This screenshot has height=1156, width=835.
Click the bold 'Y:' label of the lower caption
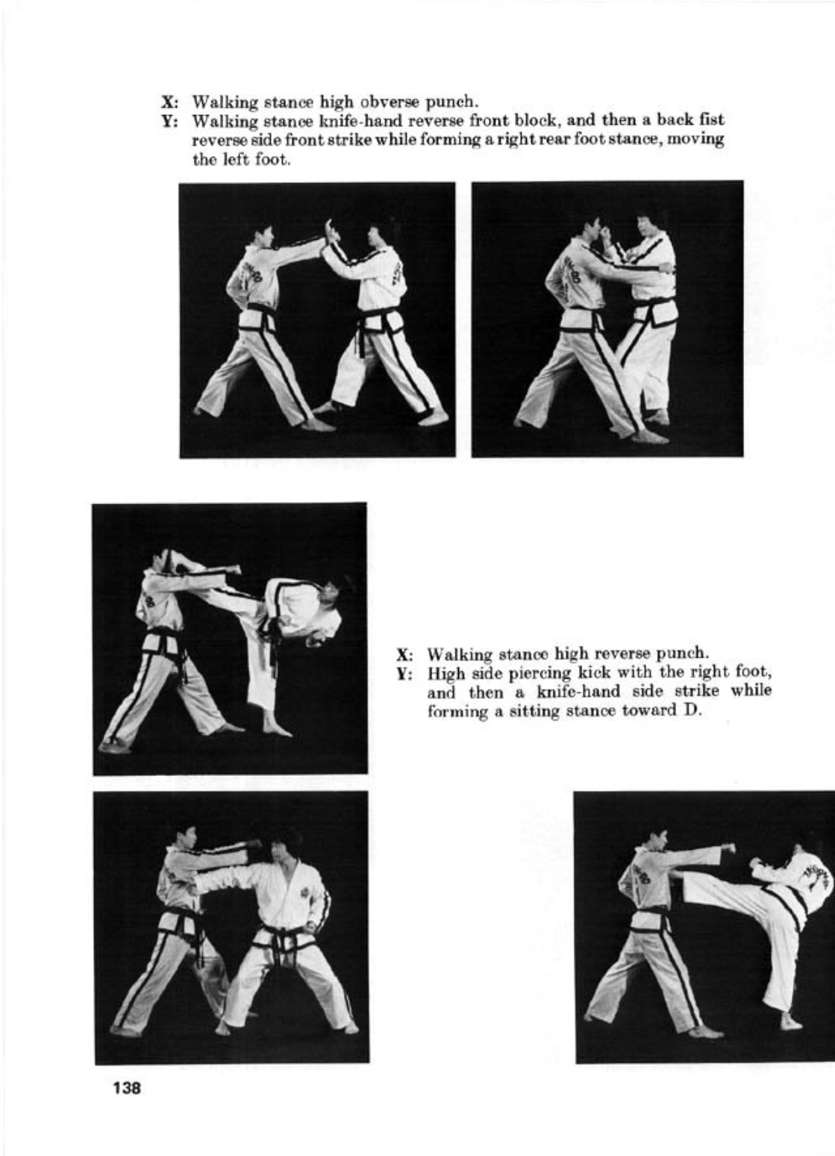[404, 674]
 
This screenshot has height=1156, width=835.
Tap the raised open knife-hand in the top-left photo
[329, 233]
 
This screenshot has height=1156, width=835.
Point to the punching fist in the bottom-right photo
[728, 848]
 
